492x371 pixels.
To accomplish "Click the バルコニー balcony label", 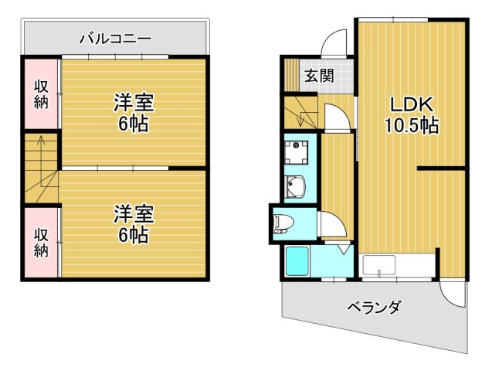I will pyautogui.click(x=114, y=37).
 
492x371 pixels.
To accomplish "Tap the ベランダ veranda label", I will pyautogui.click(x=373, y=308).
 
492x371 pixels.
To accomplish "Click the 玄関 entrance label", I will pyautogui.click(x=317, y=76).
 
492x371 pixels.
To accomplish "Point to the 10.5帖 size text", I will pyautogui.click(x=412, y=125).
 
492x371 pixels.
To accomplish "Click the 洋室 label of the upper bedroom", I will pyautogui.click(x=134, y=103).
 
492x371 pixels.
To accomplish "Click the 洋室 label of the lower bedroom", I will pyautogui.click(x=134, y=212).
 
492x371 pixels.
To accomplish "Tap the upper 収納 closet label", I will pyautogui.click(x=41, y=94).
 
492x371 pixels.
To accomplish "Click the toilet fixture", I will pyautogui.click(x=283, y=223).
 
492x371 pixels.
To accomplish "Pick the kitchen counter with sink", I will pyautogui.click(x=397, y=266).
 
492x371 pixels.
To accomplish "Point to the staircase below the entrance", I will pyautogui.click(x=301, y=112).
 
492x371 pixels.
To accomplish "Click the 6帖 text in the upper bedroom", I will pyautogui.click(x=134, y=123).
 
